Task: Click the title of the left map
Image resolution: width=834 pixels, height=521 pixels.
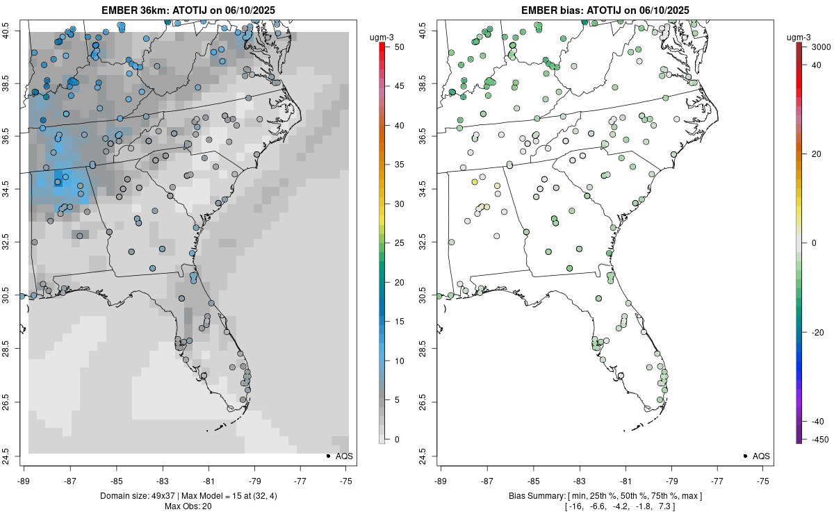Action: coord(188,10)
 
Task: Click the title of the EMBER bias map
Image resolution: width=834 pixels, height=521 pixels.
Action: coord(605,10)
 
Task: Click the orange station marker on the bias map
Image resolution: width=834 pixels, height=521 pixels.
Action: coord(475,182)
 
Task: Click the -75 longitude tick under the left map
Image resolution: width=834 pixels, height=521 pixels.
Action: coord(347,480)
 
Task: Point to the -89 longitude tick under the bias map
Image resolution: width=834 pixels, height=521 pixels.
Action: coord(441,480)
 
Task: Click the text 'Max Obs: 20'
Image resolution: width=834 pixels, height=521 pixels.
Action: coord(188,506)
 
